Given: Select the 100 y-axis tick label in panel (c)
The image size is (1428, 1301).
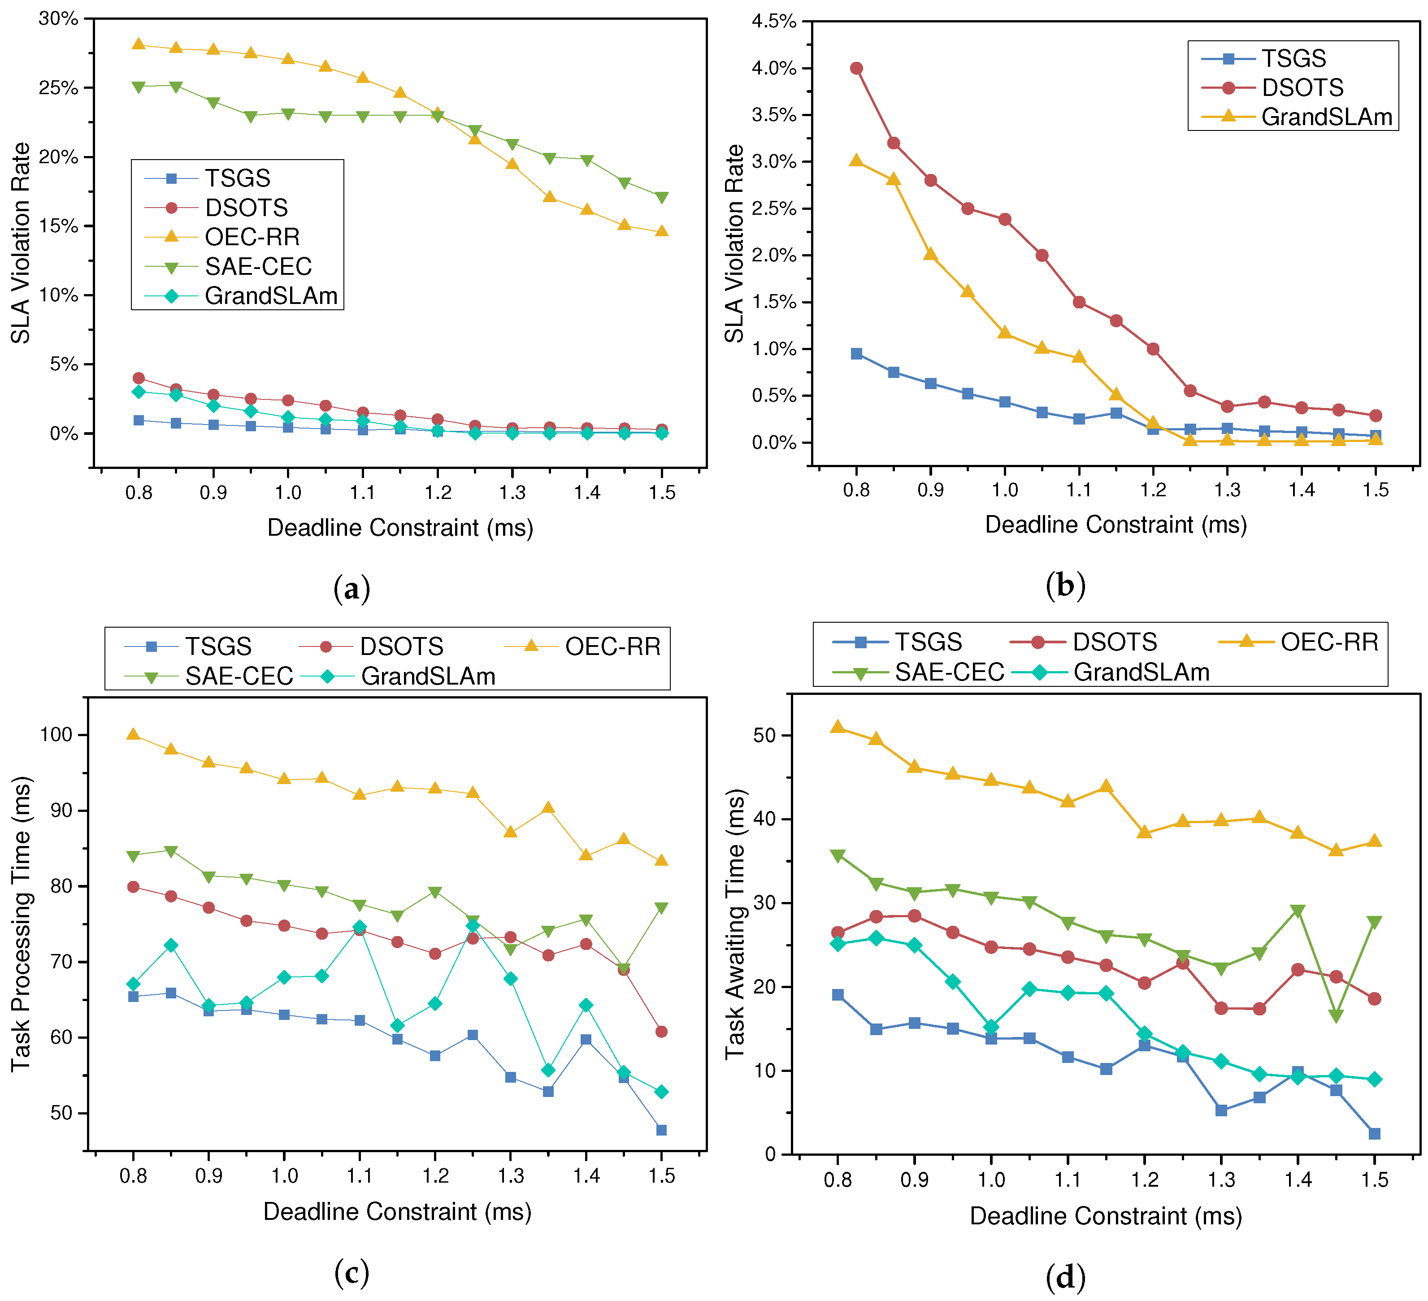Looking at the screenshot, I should pos(56,734).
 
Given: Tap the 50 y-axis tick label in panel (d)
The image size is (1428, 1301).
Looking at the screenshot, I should pos(765,735).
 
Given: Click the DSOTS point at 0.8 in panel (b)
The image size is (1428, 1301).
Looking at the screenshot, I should pos(856,68).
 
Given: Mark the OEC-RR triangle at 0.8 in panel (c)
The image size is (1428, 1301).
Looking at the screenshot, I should pos(133,734).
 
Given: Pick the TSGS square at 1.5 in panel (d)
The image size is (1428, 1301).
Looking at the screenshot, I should pos(1374,1134).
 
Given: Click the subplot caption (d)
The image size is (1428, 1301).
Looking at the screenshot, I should pos(1065,1277).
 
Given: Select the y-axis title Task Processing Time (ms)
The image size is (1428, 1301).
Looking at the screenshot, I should pos(21,924).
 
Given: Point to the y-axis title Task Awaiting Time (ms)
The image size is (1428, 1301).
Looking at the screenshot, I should pos(735,924).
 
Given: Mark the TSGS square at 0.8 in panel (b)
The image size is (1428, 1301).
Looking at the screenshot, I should pos(856,353).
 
